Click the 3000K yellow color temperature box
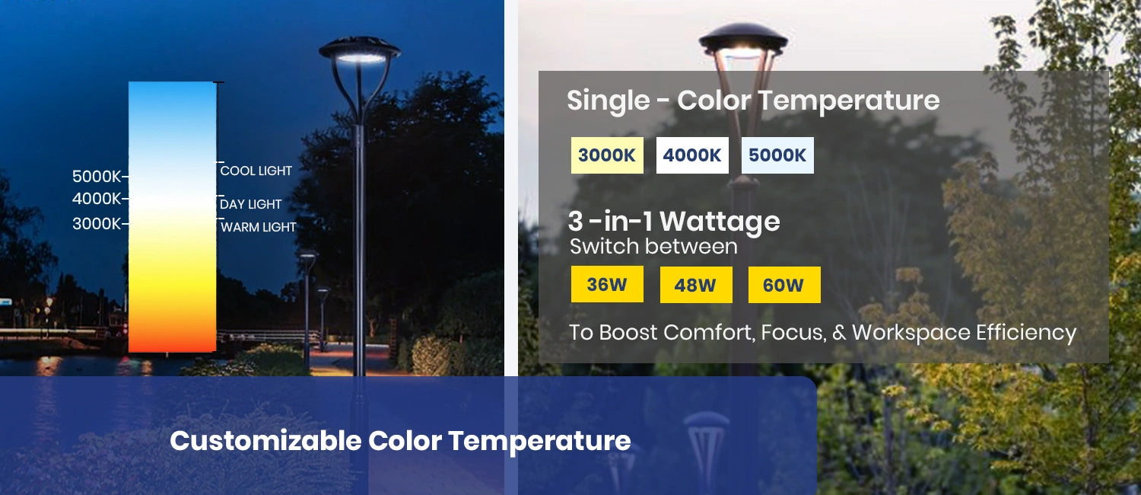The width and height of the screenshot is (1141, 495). click(x=607, y=155)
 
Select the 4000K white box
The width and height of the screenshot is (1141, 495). click(x=692, y=155)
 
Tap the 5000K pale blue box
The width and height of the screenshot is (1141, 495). click(x=777, y=155)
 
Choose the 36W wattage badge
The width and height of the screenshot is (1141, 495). click(x=607, y=285)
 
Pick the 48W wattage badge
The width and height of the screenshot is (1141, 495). click(x=695, y=286)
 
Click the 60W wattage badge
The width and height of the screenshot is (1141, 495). click(x=783, y=286)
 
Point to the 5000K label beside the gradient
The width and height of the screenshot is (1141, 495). click(x=97, y=177)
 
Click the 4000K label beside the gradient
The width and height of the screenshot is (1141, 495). click(x=97, y=200)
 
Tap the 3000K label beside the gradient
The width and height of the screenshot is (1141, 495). click(x=97, y=224)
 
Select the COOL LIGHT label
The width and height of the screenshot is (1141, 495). click(x=256, y=171)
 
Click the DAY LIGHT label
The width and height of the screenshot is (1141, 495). click(x=251, y=204)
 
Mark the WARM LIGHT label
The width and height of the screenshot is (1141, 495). click(x=259, y=227)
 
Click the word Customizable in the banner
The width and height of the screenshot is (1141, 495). click(x=265, y=441)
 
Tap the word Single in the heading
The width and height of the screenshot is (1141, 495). click(x=609, y=101)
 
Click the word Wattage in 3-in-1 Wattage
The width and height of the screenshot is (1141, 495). click(x=720, y=222)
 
